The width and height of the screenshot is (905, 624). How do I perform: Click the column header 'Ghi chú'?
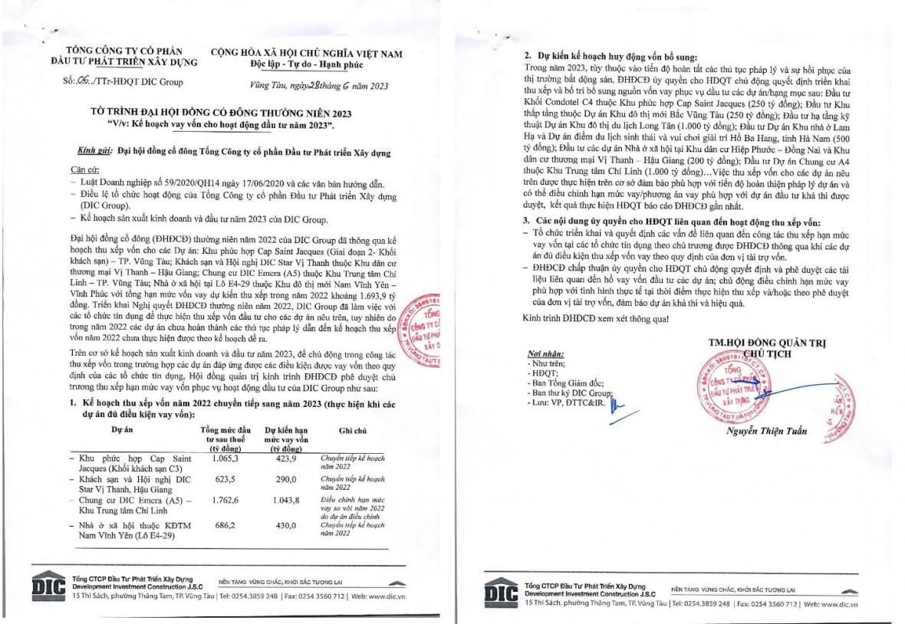point(351,431)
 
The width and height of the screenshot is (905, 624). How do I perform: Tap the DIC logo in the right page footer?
point(502,591)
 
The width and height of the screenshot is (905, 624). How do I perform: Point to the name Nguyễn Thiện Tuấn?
point(767,431)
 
